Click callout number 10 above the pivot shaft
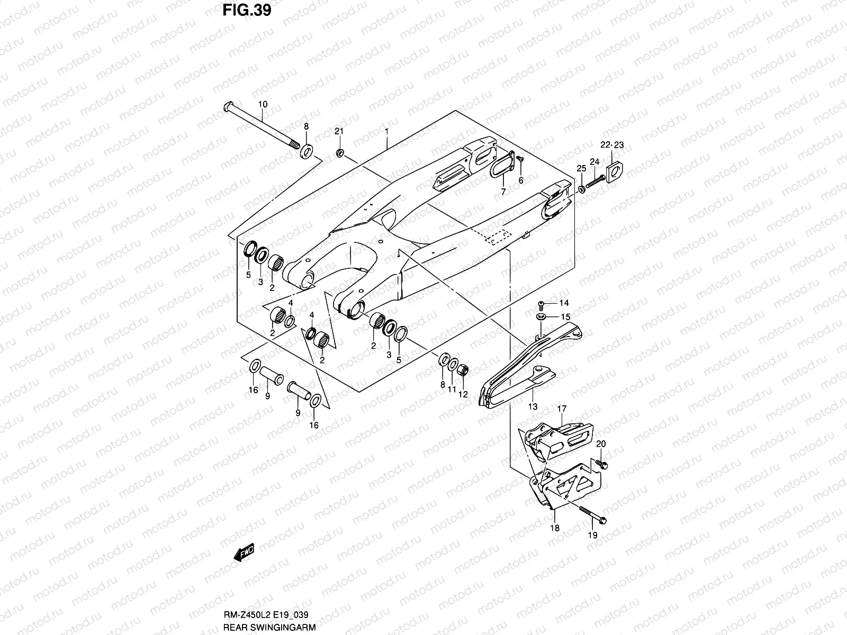tap(263, 105)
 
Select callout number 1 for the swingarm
tap(387, 131)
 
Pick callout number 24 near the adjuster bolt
tap(594, 161)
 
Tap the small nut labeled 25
tap(582, 189)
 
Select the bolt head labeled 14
tap(541, 304)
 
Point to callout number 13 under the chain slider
tap(533, 406)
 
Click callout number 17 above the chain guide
tap(562, 409)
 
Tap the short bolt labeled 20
tap(602, 464)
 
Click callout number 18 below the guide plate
tap(555, 528)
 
